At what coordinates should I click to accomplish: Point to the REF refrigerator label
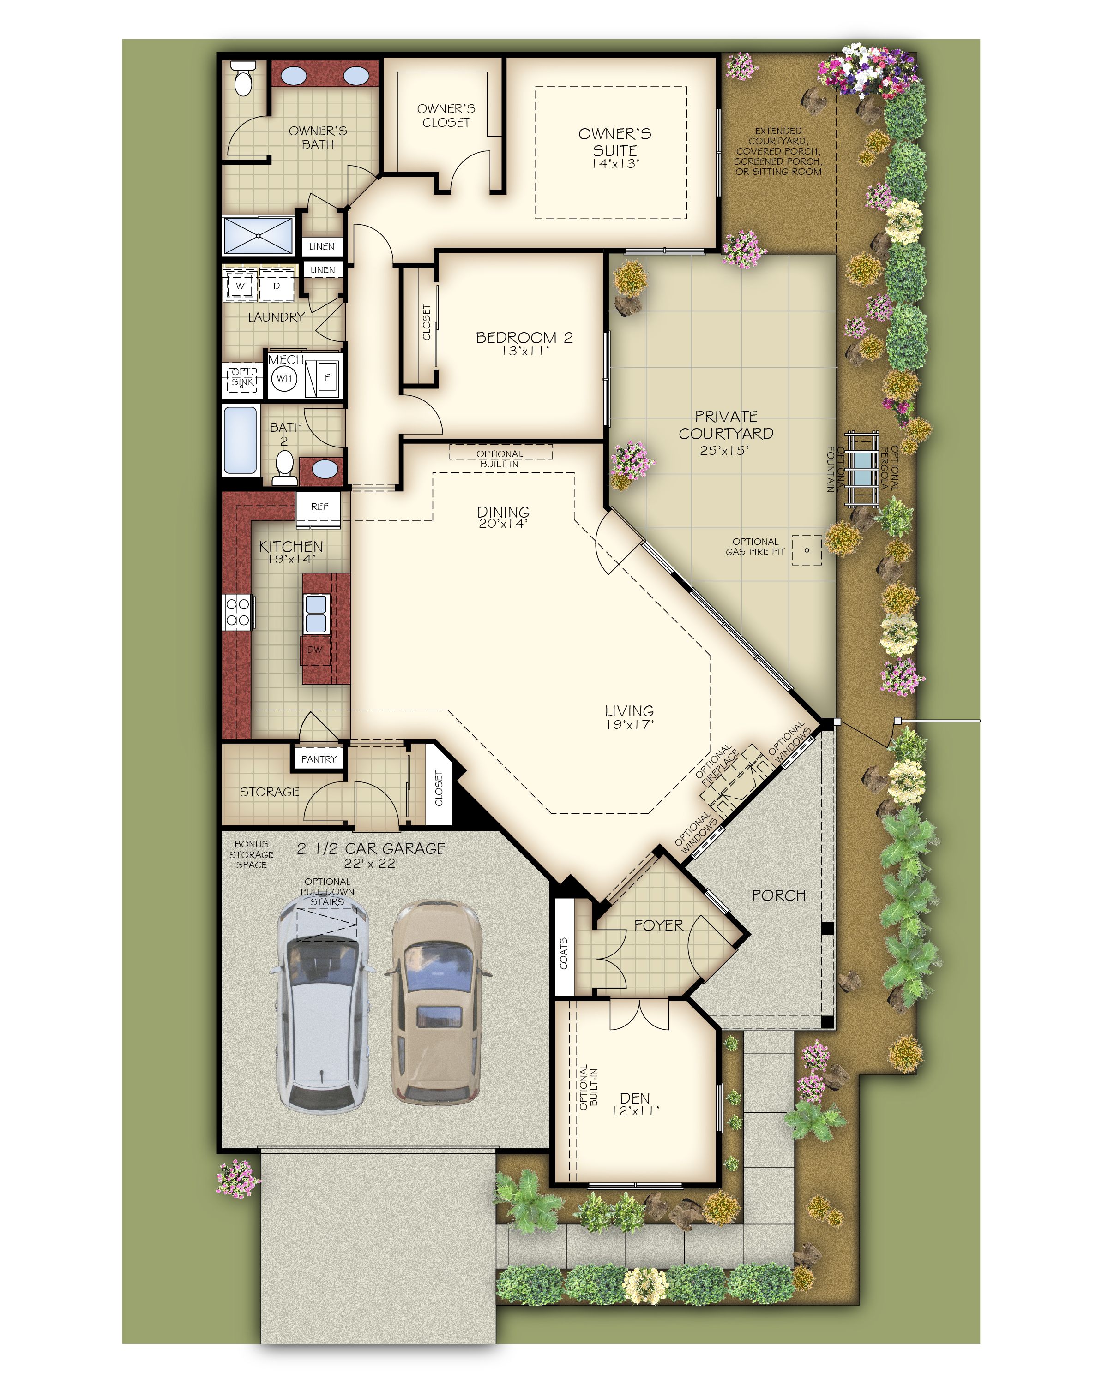coord(319,507)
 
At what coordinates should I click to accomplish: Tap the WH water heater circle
coord(284,378)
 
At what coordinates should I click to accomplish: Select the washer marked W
coord(240,286)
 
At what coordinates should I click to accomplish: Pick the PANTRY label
coord(319,759)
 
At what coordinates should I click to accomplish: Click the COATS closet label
coord(563,953)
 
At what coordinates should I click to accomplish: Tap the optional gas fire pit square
coord(807,550)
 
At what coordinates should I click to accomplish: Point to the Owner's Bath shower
coord(258,236)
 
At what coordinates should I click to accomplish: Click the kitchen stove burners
coord(237,612)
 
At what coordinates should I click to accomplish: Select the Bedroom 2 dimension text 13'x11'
coord(525,351)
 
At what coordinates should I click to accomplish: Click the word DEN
coord(635,1098)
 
